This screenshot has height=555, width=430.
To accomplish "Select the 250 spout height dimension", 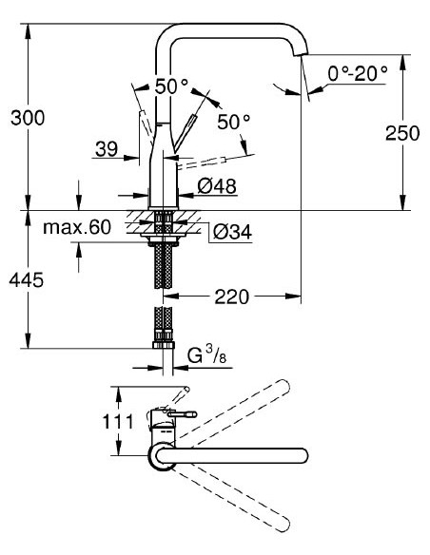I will click(401, 133).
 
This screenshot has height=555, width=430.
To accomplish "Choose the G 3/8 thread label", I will click(205, 357).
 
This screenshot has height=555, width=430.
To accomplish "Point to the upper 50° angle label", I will click(171, 86).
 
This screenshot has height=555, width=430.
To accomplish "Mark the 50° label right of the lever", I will click(233, 123).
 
